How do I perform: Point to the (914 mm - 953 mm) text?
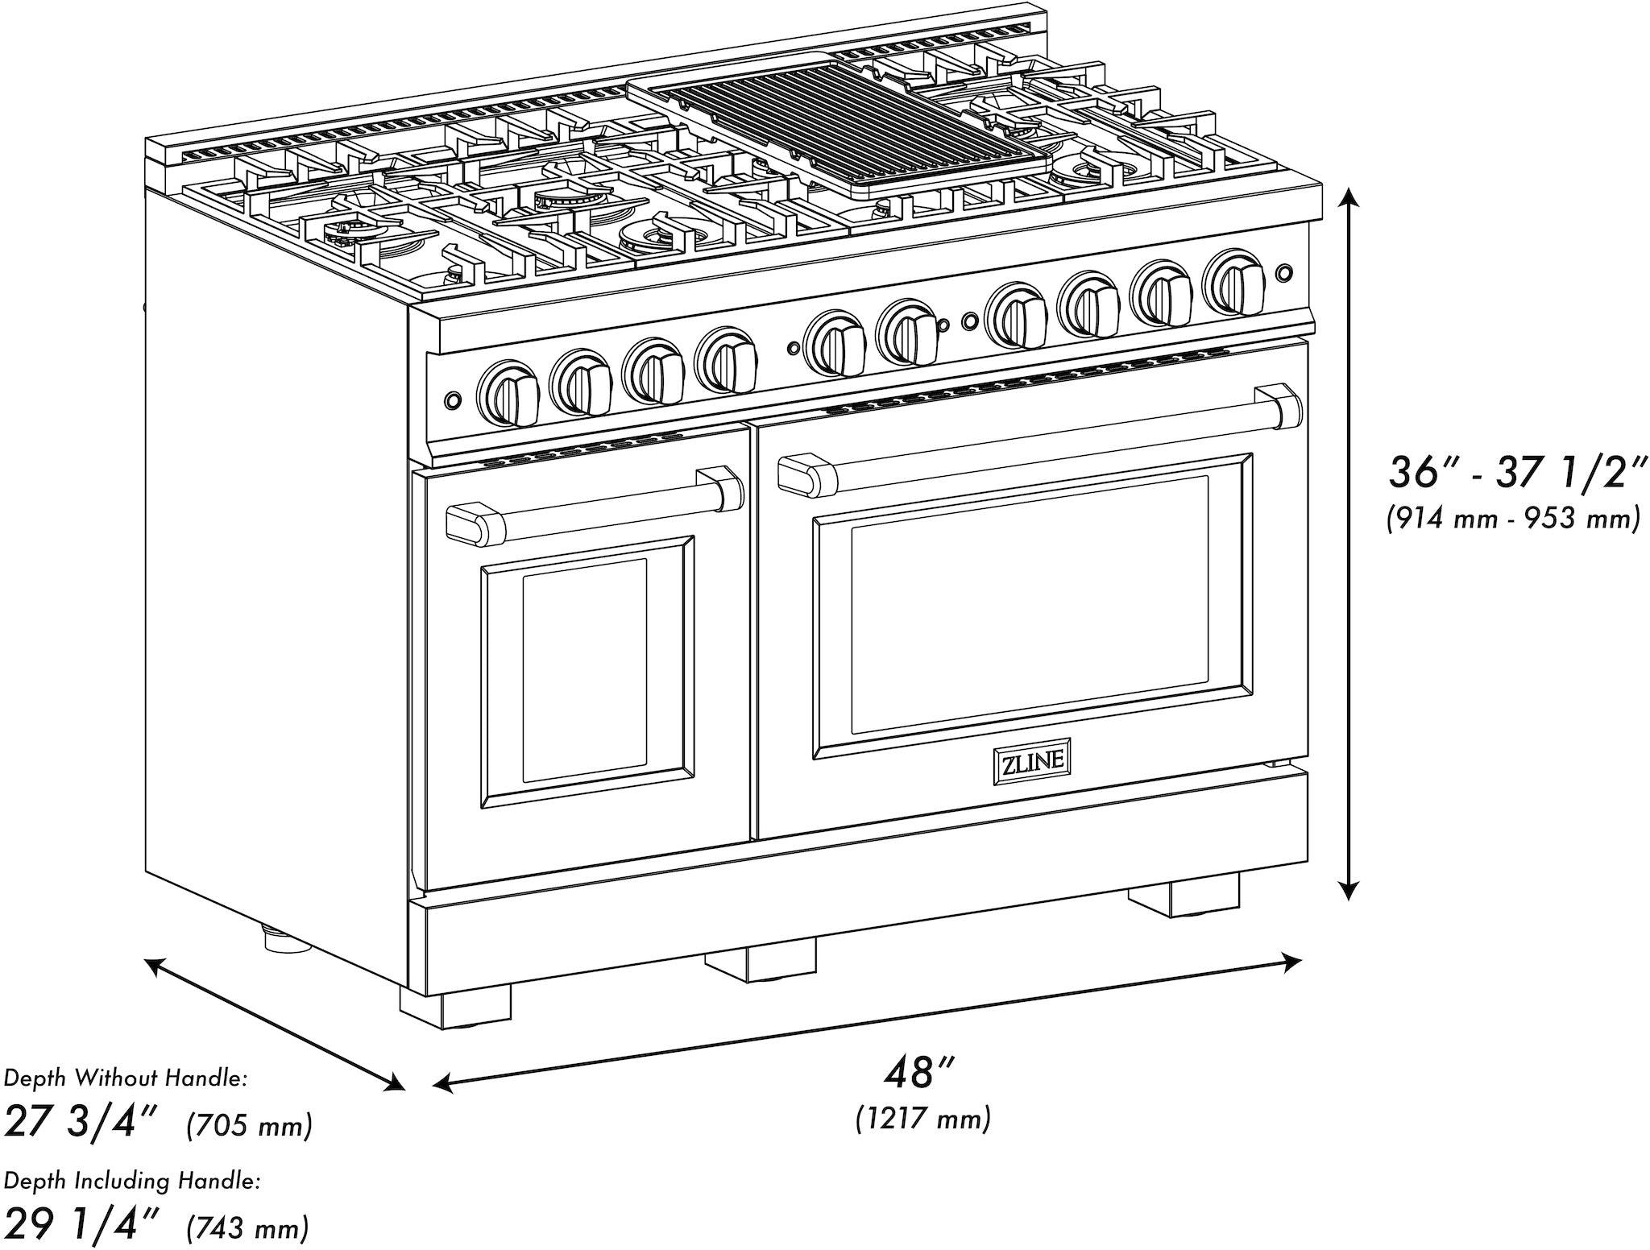click(x=1512, y=519)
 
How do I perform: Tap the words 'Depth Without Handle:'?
click(x=126, y=1078)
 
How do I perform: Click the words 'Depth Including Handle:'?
click(x=132, y=1182)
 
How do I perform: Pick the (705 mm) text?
click(x=249, y=1125)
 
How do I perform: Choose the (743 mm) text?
click(x=247, y=1229)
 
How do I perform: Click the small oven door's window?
click(x=585, y=671)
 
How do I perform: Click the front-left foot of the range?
click(x=455, y=1004)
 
